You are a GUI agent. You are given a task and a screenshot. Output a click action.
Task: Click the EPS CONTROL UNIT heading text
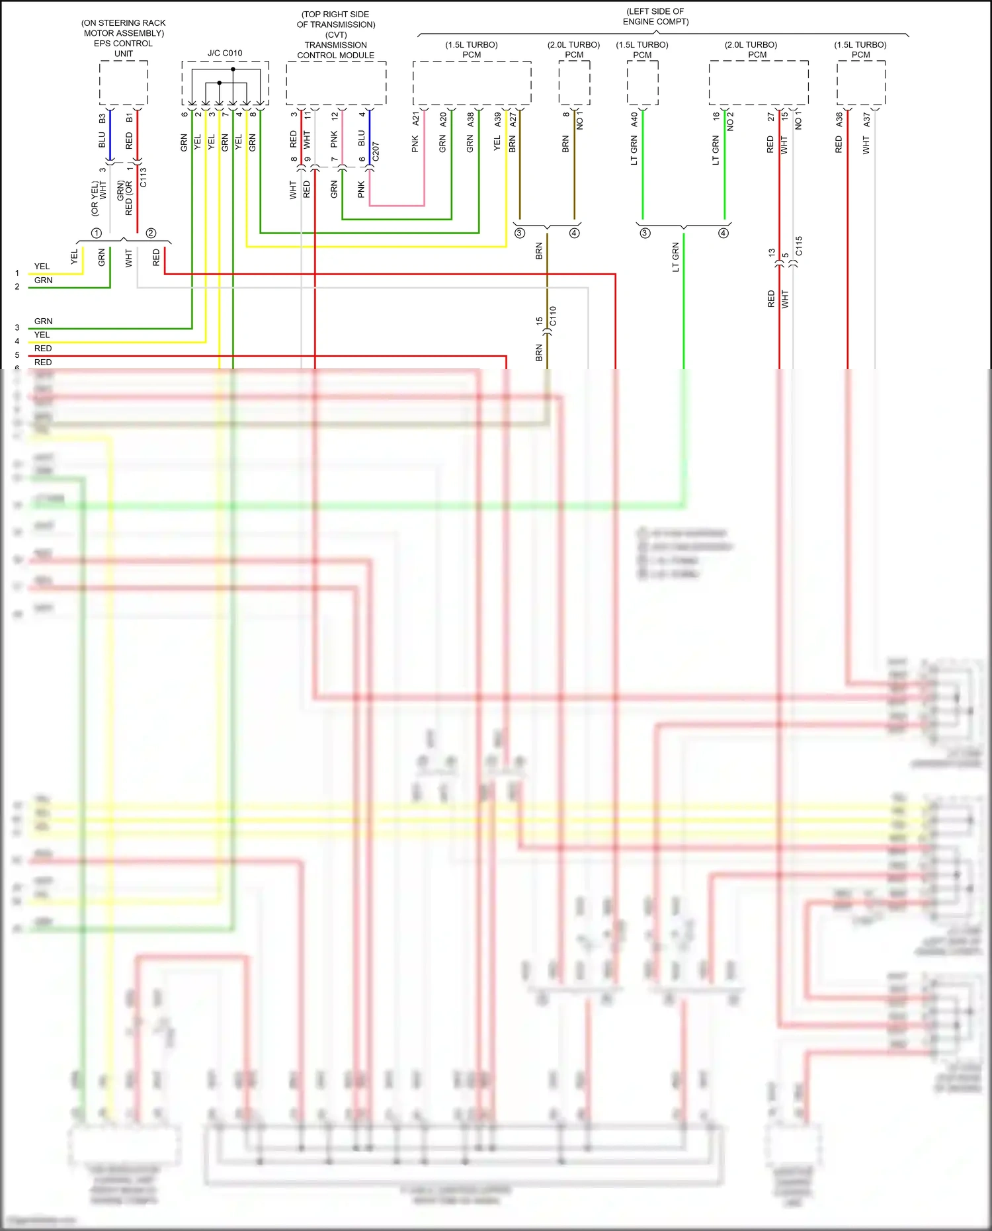click(x=124, y=38)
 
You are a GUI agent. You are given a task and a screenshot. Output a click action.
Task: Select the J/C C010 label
click(x=225, y=53)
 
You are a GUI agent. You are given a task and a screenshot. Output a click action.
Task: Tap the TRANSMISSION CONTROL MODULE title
click(x=336, y=50)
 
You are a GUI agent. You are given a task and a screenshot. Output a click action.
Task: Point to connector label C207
click(x=376, y=151)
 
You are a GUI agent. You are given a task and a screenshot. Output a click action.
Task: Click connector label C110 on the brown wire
click(x=553, y=316)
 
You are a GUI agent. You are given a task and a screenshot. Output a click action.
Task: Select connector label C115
click(x=799, y=246)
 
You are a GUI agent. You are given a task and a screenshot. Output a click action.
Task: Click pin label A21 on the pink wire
click(x=416, y=118)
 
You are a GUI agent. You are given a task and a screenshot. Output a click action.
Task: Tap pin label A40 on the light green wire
click(x=634, y=119)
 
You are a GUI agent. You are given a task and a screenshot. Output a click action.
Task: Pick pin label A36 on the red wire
click(x=839, y=119)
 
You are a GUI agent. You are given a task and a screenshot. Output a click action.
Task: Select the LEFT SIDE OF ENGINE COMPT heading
click(x=655, y=17)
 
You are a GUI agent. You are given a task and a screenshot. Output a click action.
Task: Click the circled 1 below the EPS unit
click(x=97, y=233)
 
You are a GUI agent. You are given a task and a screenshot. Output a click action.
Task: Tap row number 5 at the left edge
click(x=17, y=355)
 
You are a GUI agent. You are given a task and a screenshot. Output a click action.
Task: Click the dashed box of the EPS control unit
click(x=124, y=83)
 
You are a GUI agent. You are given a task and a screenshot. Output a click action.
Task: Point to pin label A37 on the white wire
click(x=866, y=119)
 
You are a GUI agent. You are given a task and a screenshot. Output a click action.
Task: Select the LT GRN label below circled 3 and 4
click(x=675, y=257)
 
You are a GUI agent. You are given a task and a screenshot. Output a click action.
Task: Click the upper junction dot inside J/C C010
click(x=233, y=69)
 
